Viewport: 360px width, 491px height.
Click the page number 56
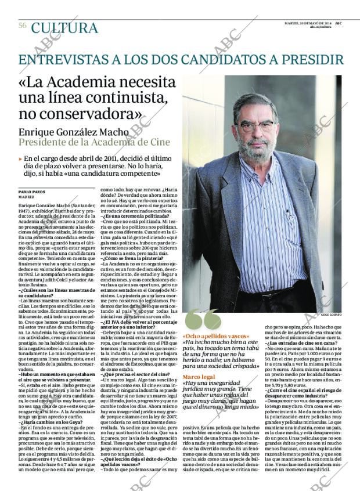[x=22, y=26]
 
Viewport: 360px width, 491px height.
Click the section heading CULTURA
[x=64, y=28]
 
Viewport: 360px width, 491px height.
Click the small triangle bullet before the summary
[x=20, y=158]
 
